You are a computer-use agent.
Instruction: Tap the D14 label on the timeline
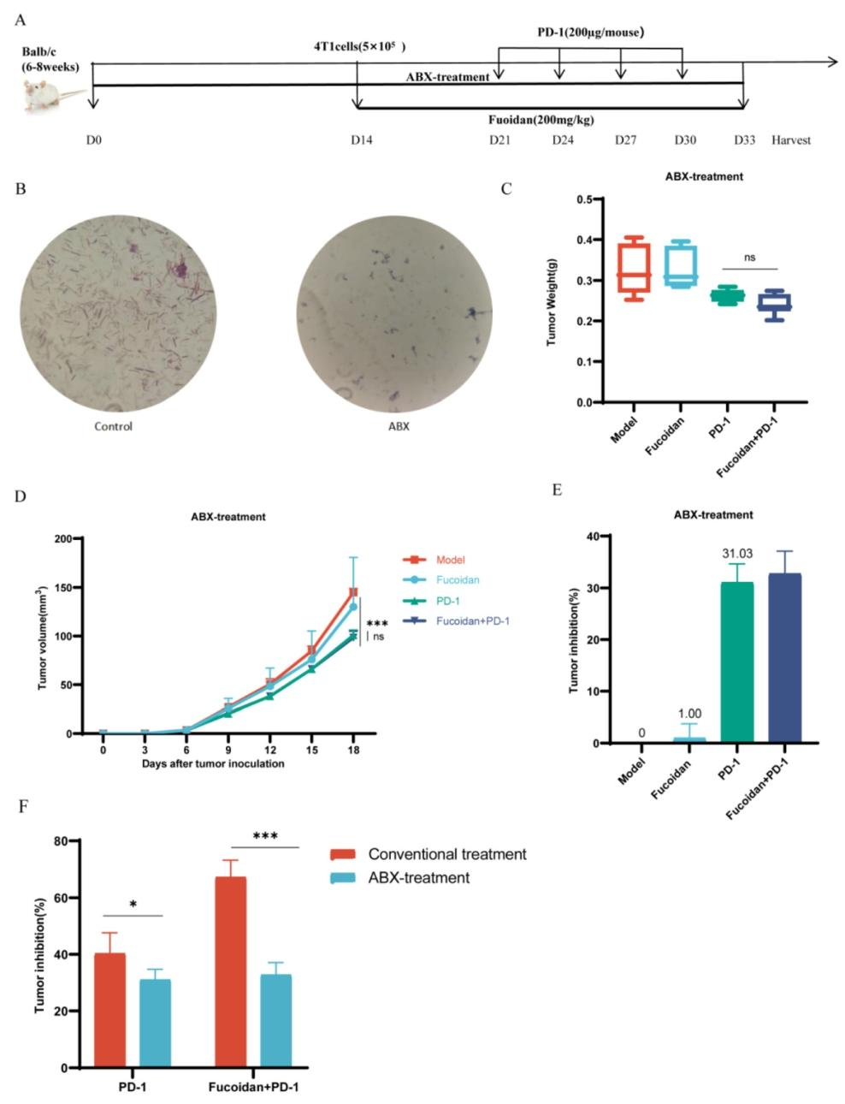click(361, 140)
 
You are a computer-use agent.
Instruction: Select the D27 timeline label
click(625, 140)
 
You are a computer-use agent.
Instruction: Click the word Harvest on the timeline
click(790, 140)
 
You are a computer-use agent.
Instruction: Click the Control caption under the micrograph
click(114, 425)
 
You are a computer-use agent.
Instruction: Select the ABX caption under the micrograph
click(399, 425)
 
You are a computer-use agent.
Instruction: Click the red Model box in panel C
click(633, 268)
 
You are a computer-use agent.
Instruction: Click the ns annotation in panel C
click(750, 256)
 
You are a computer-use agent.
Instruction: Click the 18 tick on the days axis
click(353, 751)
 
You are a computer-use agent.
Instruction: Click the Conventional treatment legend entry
click(446, 854)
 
